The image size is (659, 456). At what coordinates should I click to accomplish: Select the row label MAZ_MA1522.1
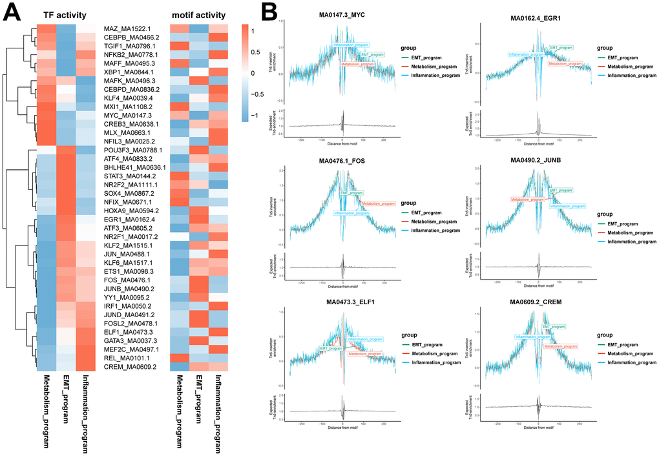128,29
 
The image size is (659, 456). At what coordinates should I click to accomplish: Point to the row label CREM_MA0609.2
129,367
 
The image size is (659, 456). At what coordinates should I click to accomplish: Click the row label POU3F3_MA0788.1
132,148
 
